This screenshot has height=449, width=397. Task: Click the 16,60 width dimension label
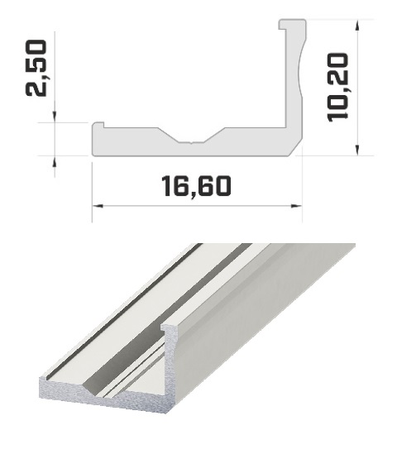(x=196, y=187)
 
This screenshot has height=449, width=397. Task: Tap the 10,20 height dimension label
(x=338, y=88)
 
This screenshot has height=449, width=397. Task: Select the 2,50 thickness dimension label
(x=36, y=68)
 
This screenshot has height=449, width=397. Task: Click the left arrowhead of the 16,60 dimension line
(x=98, y=206)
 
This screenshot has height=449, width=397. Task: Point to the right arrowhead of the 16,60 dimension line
(x=296, y=206)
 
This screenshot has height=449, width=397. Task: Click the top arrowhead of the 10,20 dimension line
(x=357, y=26)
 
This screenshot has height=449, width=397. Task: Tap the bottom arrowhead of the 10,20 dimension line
(x=357, y=150)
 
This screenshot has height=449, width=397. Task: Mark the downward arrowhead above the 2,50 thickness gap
(x=55, y=117)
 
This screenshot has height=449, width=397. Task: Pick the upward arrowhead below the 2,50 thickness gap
(x=55, y=162)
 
